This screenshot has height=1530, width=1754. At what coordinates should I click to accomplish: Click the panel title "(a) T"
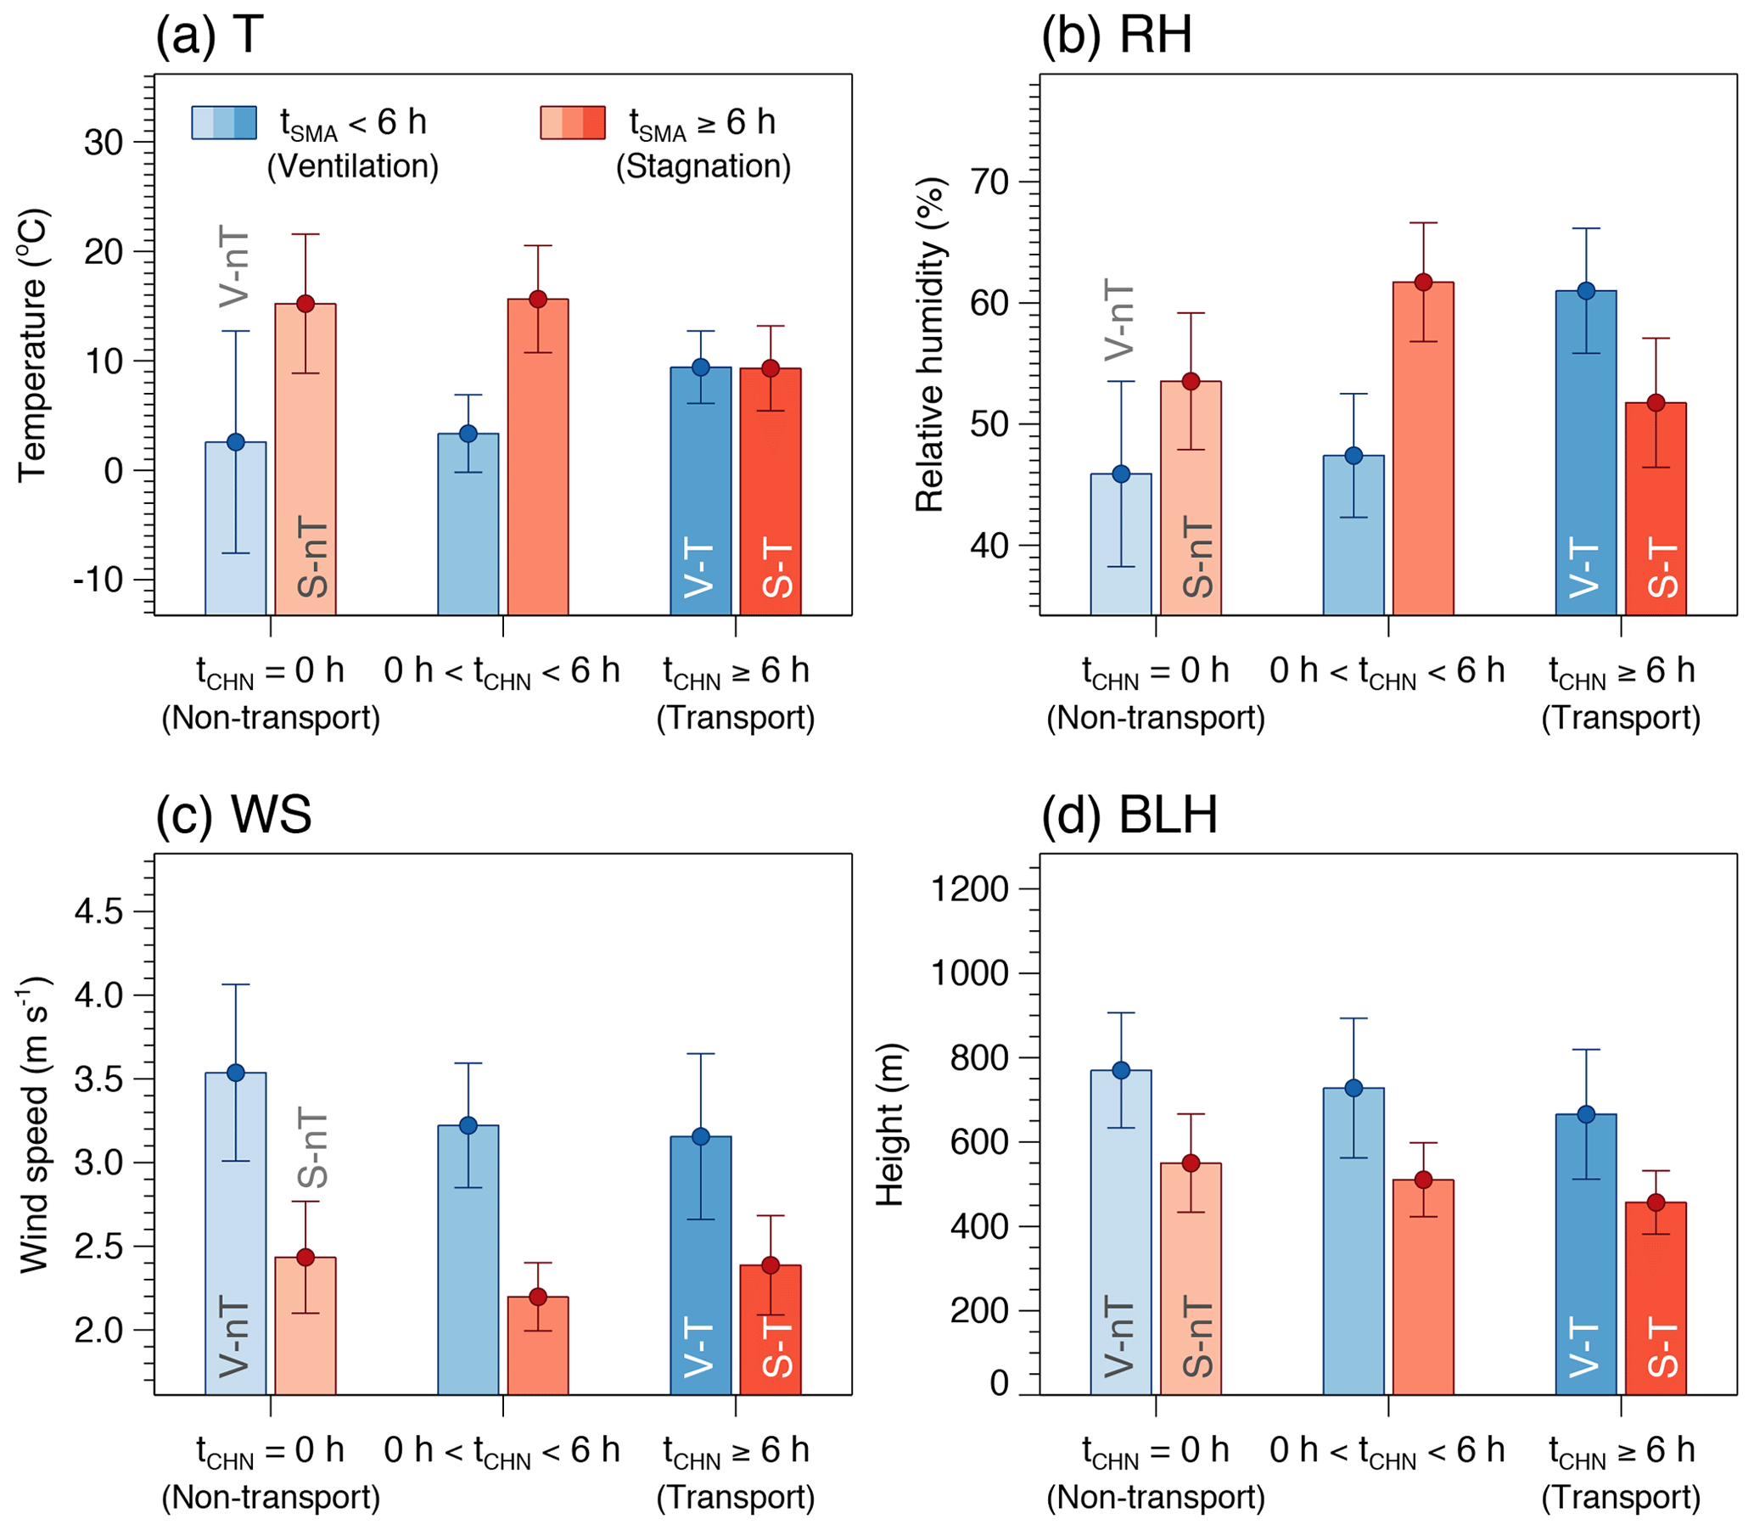210,36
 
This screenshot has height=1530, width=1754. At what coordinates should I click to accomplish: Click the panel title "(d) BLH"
1129,815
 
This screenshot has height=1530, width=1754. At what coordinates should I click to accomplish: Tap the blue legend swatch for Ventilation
224,123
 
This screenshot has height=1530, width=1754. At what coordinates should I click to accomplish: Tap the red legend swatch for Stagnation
573,123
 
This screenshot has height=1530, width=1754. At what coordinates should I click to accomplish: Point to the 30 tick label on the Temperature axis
104,143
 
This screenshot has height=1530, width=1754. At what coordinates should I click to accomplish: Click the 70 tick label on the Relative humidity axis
989,182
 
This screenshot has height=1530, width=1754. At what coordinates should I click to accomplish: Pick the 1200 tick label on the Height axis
970,889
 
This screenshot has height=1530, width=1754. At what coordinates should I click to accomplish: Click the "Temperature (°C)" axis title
33,345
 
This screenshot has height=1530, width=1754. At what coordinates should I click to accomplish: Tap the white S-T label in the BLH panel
1662,1350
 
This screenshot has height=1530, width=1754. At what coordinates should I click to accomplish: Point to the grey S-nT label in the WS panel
312,1147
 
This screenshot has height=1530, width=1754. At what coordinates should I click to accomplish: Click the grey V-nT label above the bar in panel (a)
235,267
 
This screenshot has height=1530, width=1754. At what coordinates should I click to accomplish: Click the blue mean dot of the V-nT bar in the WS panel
236,1073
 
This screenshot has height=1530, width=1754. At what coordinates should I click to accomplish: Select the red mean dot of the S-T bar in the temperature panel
771,369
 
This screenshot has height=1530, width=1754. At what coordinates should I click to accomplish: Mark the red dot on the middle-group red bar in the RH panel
1424,283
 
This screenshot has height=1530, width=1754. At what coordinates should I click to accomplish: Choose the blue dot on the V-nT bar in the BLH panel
1121,1071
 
